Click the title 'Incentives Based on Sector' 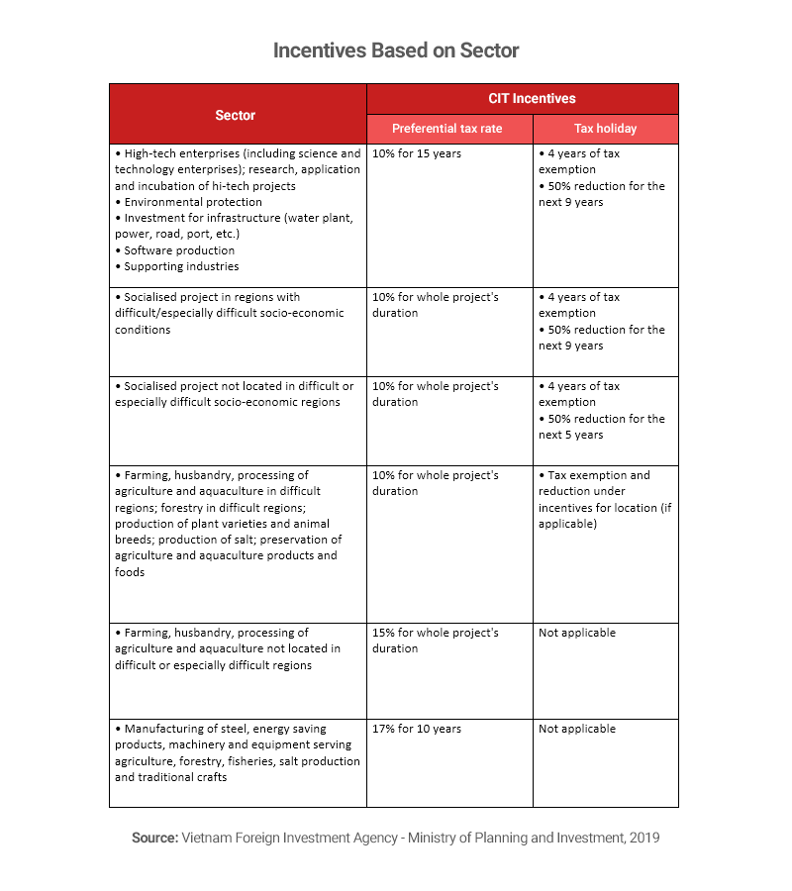pos(396,50)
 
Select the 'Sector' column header pos(236,115)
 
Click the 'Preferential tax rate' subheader pos(447,129)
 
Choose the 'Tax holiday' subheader pos(605,129)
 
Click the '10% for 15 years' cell pos(417,153)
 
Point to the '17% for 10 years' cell pos(417,729)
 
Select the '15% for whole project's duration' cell pos(436,641)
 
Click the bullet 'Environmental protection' pos(178,202)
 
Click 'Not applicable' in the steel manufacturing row pos(577,729)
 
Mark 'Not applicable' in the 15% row pos(577,633)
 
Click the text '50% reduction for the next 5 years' pos(601,427)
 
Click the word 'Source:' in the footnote pos(153,838)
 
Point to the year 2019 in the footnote pos(644,838)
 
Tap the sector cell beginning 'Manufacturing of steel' pos(237,752)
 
